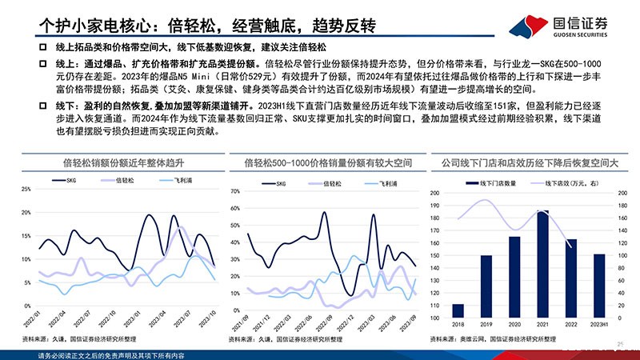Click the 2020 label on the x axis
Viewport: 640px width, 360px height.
tap(514, 324)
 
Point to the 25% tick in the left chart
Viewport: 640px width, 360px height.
tap(26, 190)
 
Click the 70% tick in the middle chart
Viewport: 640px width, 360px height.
tap(236, 192)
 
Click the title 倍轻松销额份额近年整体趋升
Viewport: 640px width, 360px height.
tap(119, 166)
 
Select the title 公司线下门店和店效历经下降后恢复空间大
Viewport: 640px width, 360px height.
tap(530, 166)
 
